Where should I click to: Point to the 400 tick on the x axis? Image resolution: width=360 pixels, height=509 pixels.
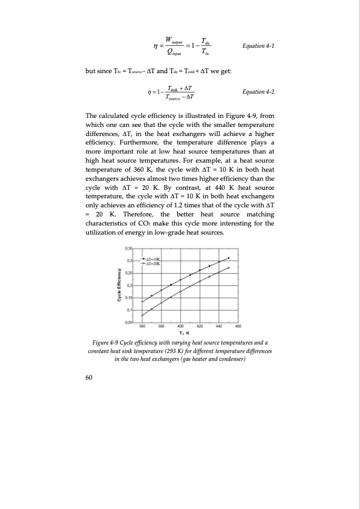point(180,326)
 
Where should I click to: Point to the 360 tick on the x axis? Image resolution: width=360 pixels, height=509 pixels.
point(142,326)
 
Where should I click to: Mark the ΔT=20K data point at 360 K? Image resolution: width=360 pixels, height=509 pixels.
point(142,316)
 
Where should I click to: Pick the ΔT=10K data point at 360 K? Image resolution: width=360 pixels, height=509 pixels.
point(142,302)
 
